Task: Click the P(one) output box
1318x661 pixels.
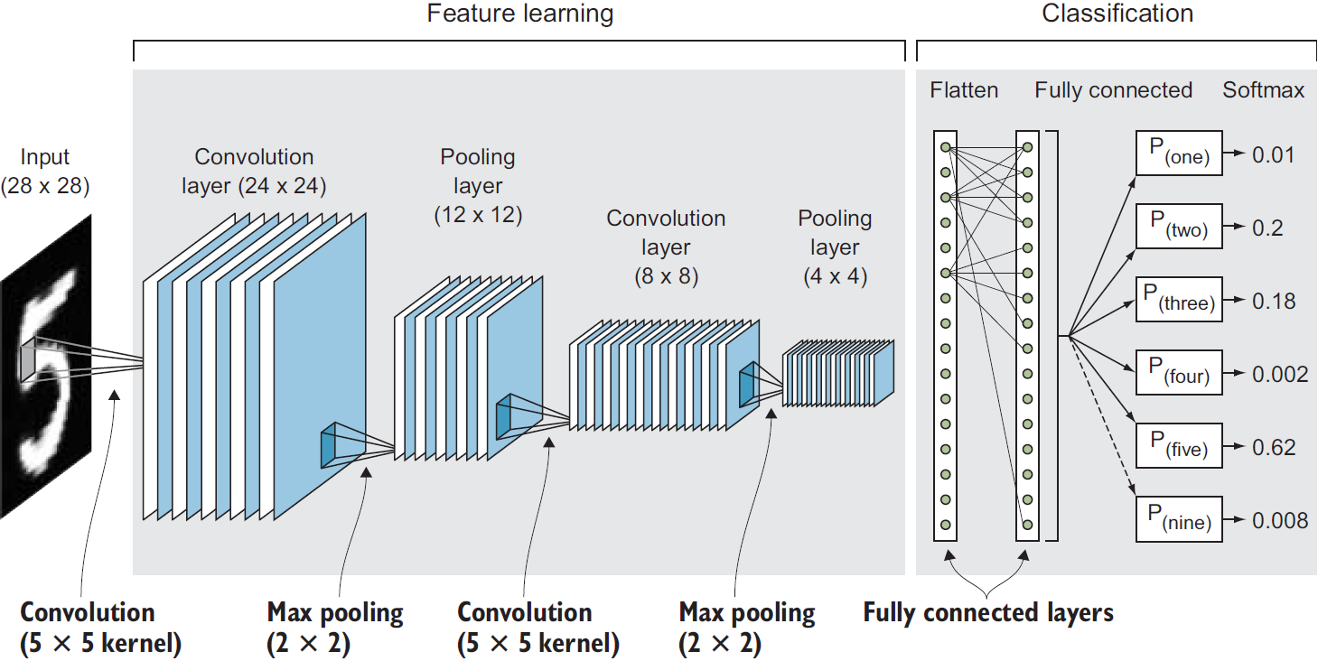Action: tap(1178, 154)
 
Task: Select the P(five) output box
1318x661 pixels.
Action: tap(1178, 445)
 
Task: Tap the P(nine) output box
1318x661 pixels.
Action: tap(1178, 518)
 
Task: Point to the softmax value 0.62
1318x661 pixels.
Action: tap(1274, 447)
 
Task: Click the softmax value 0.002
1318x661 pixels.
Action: tap(1279, 374)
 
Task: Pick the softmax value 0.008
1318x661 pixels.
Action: tap(1279, 520)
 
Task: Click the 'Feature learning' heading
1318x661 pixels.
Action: tap(519, 14)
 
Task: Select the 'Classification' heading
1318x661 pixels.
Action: tap(1117, 14)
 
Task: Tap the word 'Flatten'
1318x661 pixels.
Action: tap(964, 90)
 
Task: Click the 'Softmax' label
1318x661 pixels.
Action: tap(1263, 90)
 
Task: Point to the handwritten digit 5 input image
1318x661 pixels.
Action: tap(45, 366)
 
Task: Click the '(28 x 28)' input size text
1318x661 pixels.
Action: tap(45, 186)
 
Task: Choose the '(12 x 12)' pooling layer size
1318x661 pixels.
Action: tap(477, 215)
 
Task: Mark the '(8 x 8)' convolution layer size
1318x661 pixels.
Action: tap(666, 276)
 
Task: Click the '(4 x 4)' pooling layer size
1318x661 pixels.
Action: tap(835, 276)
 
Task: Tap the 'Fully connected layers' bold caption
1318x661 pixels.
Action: tap(987, 613)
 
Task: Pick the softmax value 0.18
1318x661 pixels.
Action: tap(1274, 301)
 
